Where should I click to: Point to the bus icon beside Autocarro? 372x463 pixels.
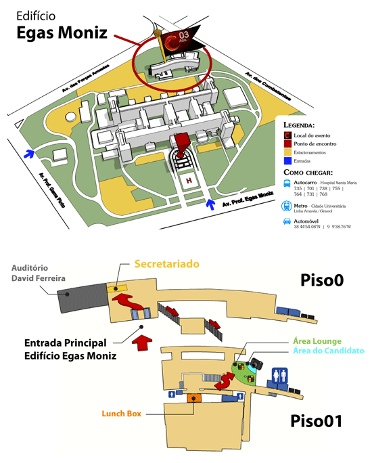coord(287,183)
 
